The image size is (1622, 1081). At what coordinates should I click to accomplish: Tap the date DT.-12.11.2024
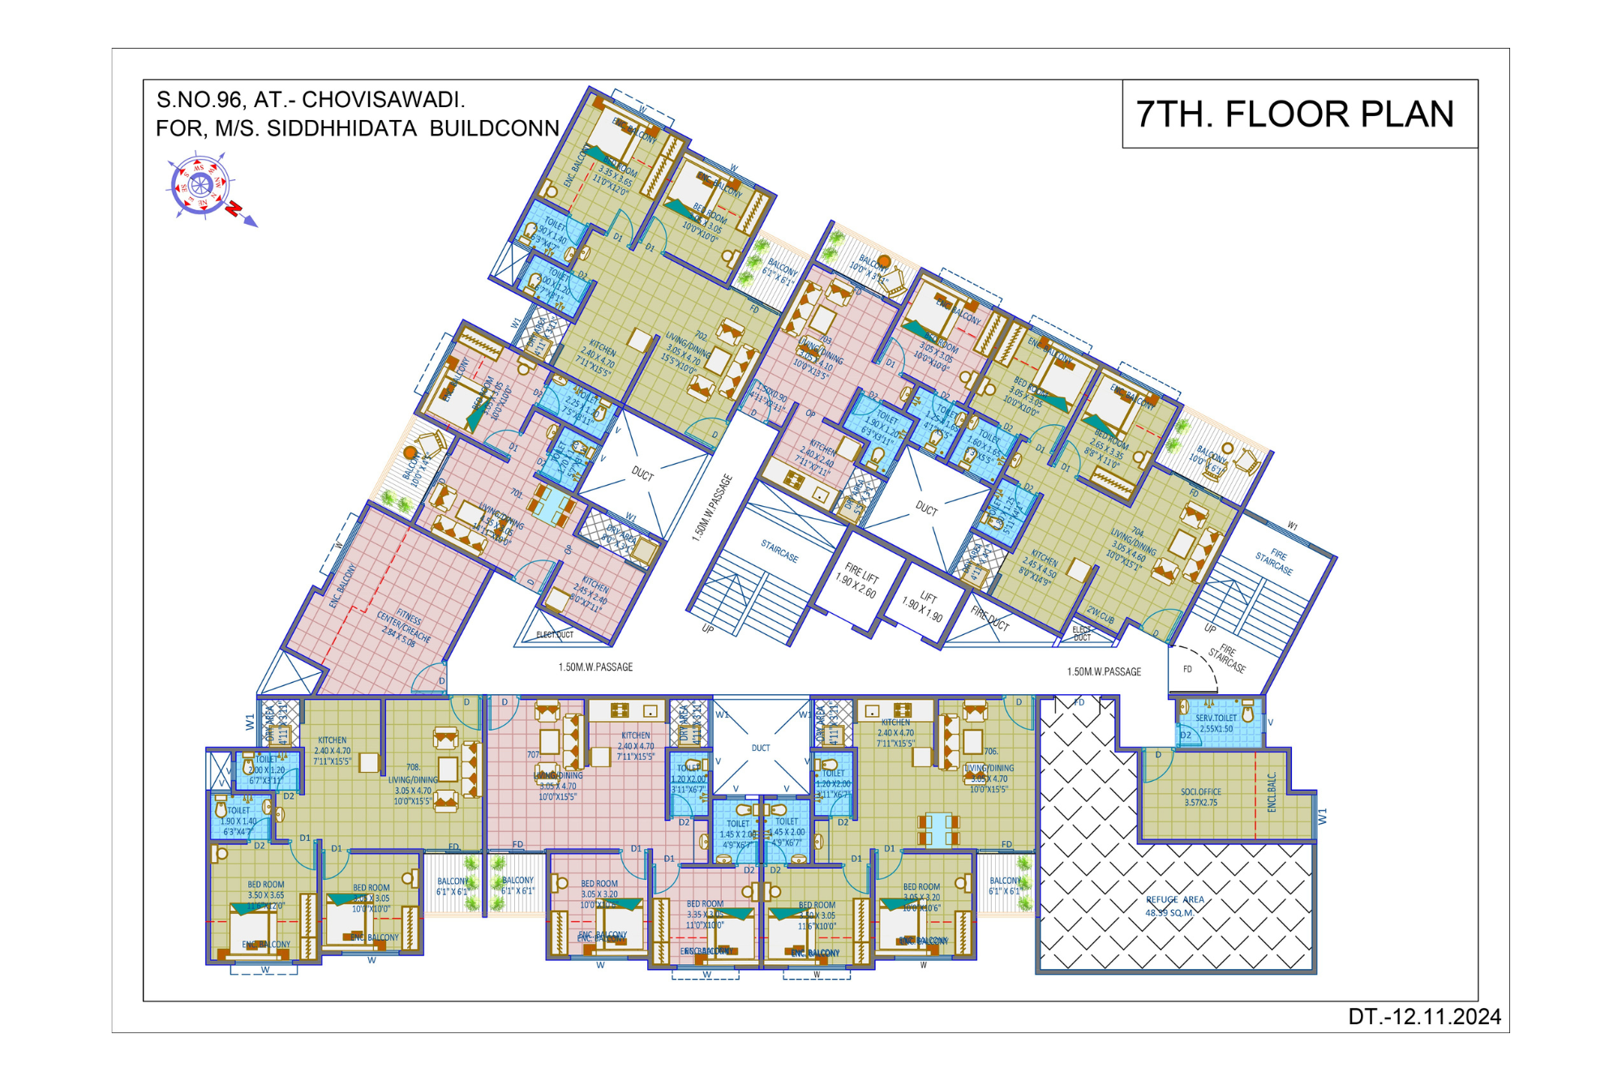(1424, 1017)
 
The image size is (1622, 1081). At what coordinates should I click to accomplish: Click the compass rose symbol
(200, 186)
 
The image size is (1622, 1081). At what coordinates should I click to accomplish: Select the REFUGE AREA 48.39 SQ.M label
(1174, 906)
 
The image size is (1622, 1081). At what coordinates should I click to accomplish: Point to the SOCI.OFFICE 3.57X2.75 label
(1200, 797)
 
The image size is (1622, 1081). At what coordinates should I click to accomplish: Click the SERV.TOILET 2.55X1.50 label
(1216, 723)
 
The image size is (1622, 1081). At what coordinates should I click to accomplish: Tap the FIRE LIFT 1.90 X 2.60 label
(859, 579)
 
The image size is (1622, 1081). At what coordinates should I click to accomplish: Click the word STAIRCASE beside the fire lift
(779, 551)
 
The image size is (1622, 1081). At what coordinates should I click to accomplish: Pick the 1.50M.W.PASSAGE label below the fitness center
(595, 667)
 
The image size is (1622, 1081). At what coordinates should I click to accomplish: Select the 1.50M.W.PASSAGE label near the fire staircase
(1104, 672)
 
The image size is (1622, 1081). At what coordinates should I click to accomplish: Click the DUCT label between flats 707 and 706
(761, 749)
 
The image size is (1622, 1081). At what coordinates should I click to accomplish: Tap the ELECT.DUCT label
(555, 635)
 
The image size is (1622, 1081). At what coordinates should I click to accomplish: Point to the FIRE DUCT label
(990, 619)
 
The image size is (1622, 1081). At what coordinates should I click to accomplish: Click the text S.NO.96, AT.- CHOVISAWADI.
(311, 101)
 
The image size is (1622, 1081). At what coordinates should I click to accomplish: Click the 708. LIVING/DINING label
(413, 784)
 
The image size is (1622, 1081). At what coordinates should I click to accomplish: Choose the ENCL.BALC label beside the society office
(1272, 792)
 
